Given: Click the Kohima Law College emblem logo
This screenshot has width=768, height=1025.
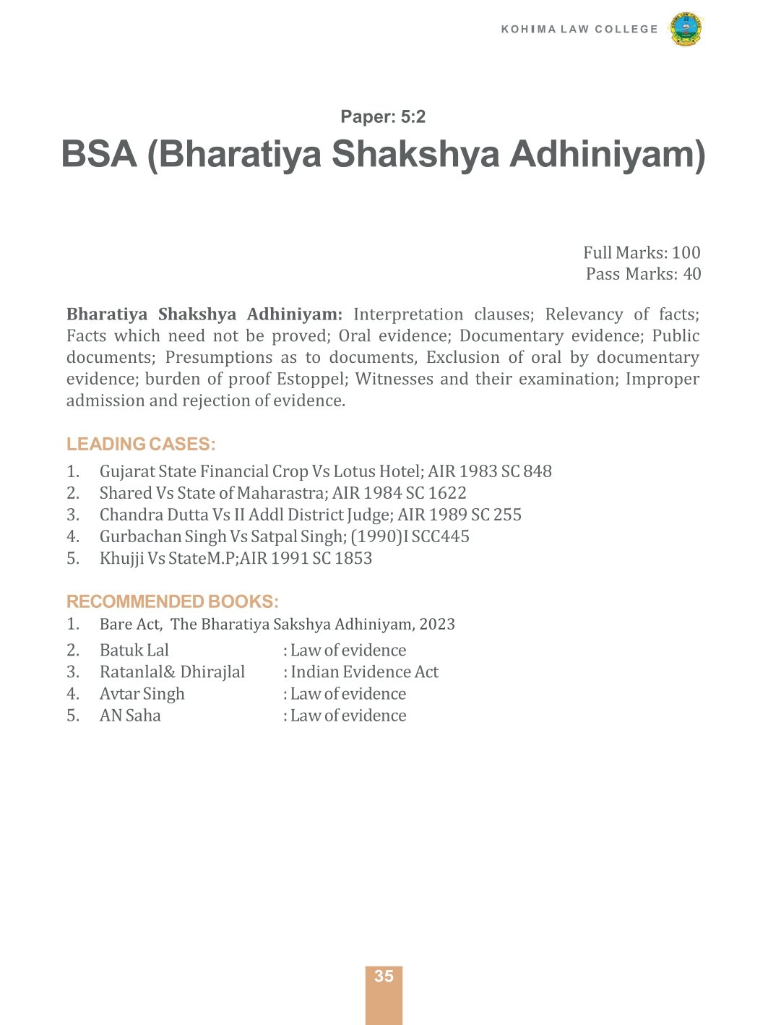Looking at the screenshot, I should (686, 30).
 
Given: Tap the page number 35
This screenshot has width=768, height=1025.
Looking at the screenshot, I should (384, 977).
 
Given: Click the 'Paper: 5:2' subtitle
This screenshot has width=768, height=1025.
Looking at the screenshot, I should (383, 117).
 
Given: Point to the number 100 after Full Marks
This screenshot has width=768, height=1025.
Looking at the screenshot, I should (686, 253).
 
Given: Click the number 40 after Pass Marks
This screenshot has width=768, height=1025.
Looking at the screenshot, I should (691, 274).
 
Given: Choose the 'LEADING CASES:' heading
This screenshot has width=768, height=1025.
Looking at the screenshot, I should (141, 445).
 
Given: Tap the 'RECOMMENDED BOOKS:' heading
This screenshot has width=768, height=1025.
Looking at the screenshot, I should (172, 602).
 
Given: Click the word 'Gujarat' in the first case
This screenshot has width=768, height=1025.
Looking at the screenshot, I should (126, 472).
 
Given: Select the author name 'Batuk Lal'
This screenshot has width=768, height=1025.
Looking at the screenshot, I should (134, 651).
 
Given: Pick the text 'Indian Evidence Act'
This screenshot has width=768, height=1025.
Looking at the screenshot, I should (364, 672).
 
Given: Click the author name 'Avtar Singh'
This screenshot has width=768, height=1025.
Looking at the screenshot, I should (142, 694).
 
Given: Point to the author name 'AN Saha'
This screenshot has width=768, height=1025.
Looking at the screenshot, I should (130, 716).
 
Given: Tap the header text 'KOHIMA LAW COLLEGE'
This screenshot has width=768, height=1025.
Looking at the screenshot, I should (579, 30).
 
